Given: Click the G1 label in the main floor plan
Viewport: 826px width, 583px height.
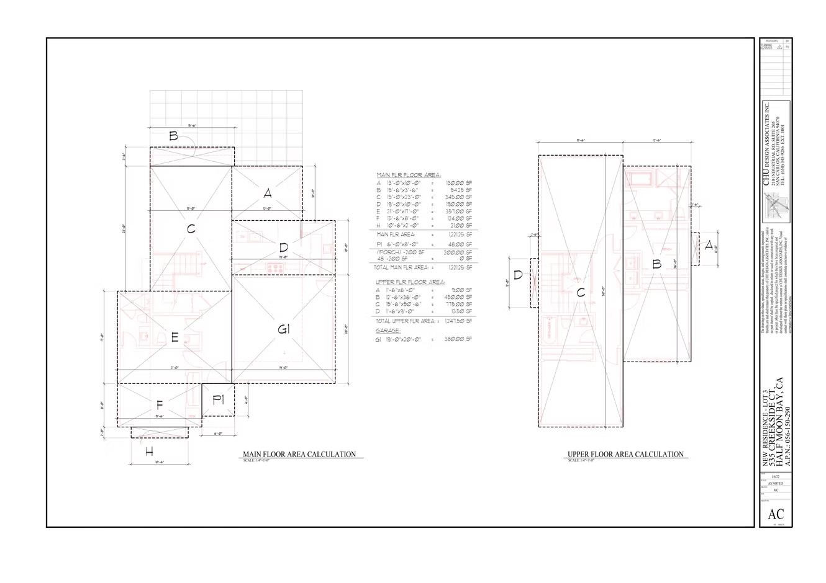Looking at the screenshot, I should point(284,330).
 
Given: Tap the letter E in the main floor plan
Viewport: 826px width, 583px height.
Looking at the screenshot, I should point(175,338).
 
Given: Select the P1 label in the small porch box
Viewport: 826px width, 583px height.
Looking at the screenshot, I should point(218,400).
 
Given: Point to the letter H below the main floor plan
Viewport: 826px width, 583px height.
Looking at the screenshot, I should point(149,452).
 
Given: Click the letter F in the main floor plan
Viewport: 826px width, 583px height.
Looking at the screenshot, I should point(160,406).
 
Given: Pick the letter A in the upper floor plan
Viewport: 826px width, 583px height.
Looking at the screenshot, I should point(709,246).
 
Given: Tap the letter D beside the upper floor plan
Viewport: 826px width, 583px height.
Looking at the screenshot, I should point(518,275).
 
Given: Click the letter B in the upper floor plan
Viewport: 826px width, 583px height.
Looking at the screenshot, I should point(656,264).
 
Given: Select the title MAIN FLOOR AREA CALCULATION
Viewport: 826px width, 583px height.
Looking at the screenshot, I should point(299,455).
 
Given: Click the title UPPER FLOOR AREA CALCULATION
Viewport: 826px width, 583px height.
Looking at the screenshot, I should point(625,455).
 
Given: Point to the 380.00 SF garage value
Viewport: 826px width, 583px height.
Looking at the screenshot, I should point(459,339).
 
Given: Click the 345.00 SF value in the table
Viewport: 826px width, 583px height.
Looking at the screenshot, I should point(459,197).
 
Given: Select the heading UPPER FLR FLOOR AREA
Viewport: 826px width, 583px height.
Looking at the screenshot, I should point(411,282).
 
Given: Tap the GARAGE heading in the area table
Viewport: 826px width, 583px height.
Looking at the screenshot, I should point(388,331).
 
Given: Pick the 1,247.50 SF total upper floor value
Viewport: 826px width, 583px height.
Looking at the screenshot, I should point(459,321).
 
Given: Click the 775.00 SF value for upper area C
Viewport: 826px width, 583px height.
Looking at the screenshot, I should point(459,305).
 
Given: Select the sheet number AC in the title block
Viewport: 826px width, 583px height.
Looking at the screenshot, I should point(776,514).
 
